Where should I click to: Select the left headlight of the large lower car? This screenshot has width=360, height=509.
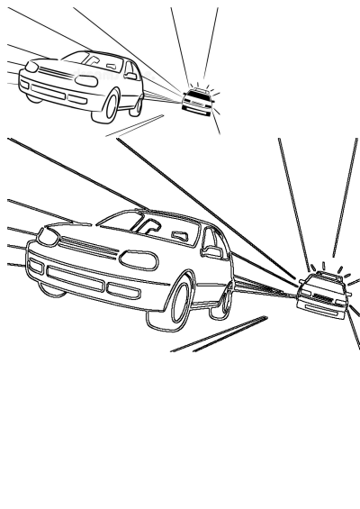(44, 235)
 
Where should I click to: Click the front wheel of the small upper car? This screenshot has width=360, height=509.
(112, 106)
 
